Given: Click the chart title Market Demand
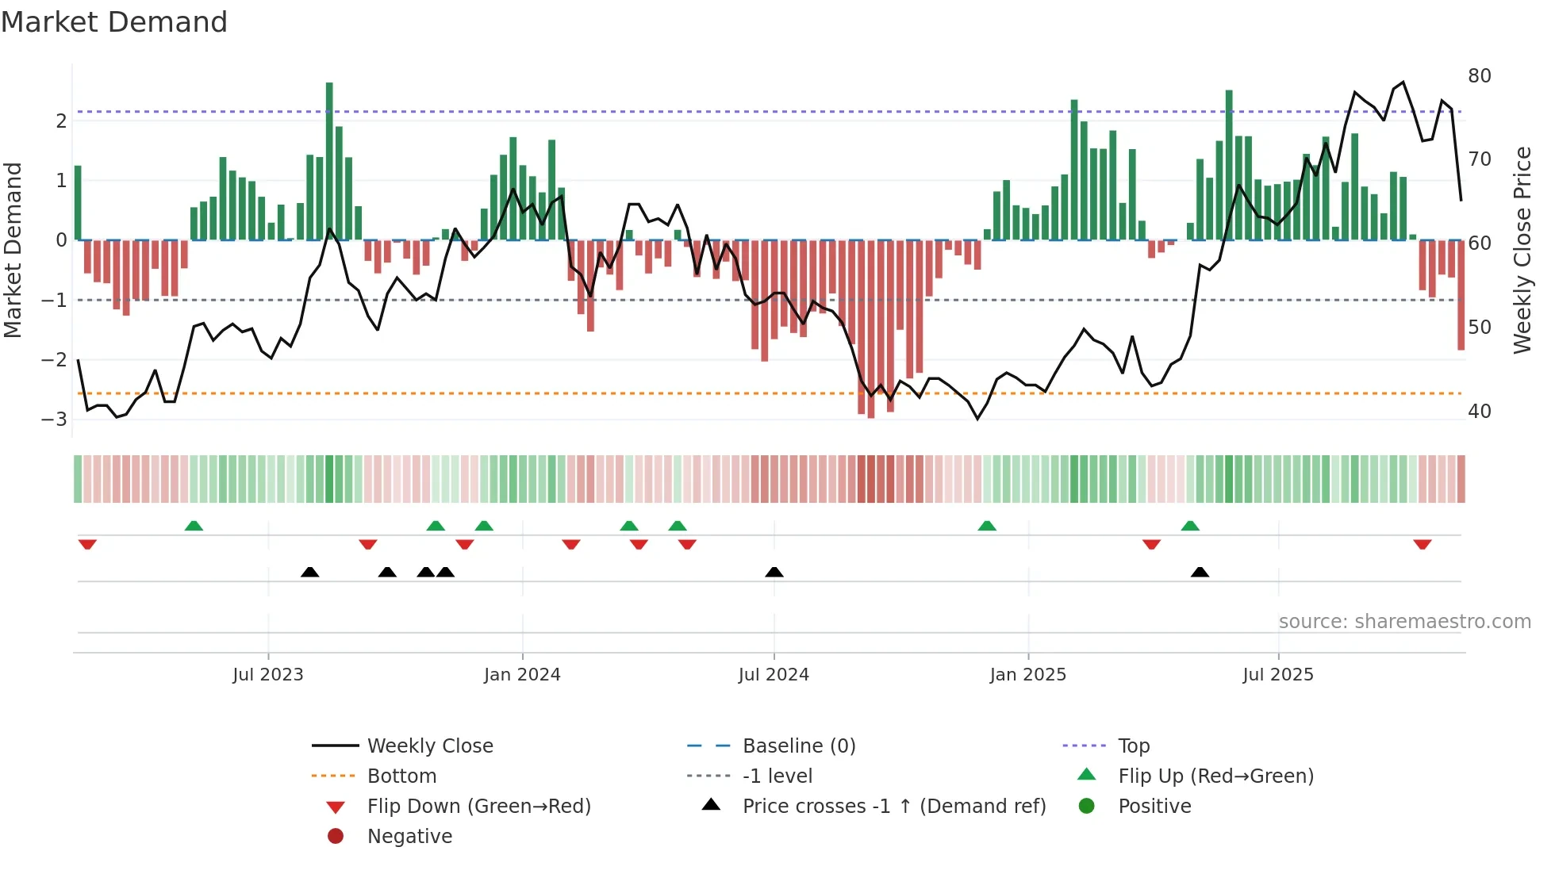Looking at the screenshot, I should point(114,22).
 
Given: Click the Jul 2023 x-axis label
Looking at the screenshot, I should point(268,675).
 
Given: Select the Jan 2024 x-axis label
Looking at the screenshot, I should point(522,675).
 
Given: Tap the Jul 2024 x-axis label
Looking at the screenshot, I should point(774,675).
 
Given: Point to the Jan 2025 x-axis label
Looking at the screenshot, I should point(1028,675).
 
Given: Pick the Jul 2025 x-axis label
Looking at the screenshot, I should point(1278,675).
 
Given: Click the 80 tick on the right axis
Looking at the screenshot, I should point(1479,76).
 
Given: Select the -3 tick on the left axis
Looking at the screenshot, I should point(55,419).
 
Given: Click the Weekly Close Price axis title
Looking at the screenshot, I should point(1522,250).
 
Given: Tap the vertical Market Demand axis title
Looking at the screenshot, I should point(13,250).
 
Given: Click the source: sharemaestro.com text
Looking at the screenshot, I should point(1404,622).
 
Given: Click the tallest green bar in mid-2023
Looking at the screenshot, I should point(329,159).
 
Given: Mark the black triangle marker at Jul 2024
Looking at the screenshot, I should point(774,572).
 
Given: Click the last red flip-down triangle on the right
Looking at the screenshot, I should point(1422,544).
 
